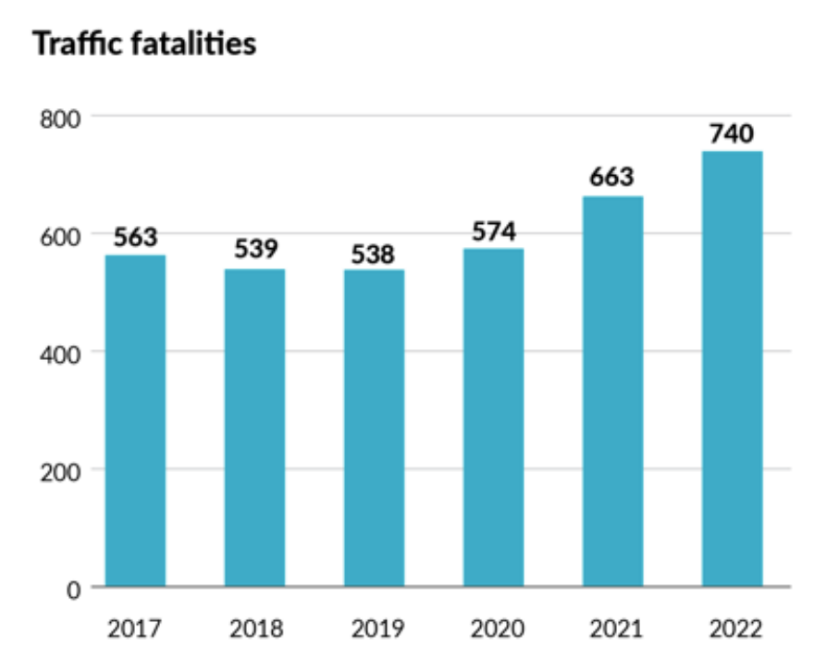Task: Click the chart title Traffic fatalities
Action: pyautogui.click(x=144, y=44)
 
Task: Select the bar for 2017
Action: pyautogui.click(x=135, y=421)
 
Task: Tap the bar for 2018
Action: pyautogui.click(x=254, y=428)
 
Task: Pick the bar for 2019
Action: pyautogui.click(x=374, y=429)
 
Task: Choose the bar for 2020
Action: pyautogui.click(x=493, y=417)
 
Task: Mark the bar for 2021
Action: pyautogui.click(x=612, y=392)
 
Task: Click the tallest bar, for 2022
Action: pyautogui.click(x=732, y=368)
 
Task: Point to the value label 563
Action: pyautogui.click(x=135, y=238)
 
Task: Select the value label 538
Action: pyautogui.click(x=374, y=253)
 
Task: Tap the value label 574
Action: pyautogui.click(x=493, y=231)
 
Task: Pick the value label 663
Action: pyautogui.click(x=612, y=179)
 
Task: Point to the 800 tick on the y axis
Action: pyautogui.click(x=59, y=118)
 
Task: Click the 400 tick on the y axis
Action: pyautogui.click(x=59, y=353)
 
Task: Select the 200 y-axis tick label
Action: pyautogui.click(x=59, y=470)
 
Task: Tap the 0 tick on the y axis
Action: pyautogui.click(x=72, y=588)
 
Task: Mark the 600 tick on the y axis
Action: pyautogui.click(x=59, y=235)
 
